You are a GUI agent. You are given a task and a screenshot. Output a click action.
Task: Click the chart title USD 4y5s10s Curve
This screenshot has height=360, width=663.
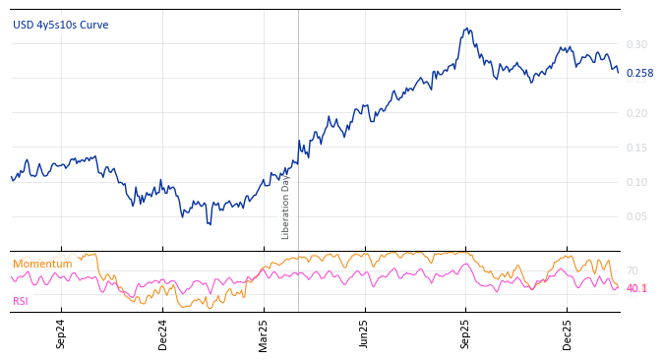(x=61, y=25)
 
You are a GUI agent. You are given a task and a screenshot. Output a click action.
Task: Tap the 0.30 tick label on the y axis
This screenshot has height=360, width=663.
(x=636, y=45)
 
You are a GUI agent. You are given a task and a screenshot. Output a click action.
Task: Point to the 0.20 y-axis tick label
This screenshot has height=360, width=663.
(x=636, y=114)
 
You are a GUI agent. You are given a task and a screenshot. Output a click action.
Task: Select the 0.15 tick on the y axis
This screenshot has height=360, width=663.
(x=636, y=149)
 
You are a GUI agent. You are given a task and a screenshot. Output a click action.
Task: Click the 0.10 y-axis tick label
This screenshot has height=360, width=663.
(x=636, y=183)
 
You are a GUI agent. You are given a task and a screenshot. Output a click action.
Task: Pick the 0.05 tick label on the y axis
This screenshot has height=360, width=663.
(x=636, y=217)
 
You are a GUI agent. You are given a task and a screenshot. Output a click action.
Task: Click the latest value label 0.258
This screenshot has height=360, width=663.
(x=639, y=74)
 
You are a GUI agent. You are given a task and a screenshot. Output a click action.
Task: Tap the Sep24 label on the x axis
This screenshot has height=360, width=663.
(x=61, y=334)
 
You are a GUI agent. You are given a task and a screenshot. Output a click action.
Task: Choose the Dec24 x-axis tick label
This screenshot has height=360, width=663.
(x=163, y=334)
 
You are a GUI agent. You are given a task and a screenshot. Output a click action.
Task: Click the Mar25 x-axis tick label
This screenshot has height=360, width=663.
(x=264, y=334)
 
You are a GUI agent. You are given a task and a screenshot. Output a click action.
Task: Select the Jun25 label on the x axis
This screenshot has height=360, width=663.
(x=364, y=334)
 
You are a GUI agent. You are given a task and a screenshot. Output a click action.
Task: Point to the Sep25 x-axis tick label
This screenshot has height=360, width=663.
(x=465, y=334)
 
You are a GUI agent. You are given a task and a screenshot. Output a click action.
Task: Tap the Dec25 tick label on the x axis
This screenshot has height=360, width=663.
(x=568, y=334)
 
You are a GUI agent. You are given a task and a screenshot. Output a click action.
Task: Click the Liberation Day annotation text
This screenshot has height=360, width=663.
(x=286, y=207)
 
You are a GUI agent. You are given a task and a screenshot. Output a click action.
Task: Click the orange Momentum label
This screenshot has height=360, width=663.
(x=42, y=265)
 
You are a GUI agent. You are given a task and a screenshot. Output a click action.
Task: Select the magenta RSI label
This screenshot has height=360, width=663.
(x=21, y=301)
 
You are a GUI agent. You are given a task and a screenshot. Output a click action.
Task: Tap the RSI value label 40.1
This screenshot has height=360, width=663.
(x=636, y=289)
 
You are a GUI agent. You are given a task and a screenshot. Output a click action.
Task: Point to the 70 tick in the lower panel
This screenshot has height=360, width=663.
(x=632, y=271)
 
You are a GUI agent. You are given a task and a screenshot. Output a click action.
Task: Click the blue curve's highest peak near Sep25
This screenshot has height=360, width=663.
(x=467, y=29)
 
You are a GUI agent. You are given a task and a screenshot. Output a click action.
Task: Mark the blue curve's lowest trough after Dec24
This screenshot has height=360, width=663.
(x=209, y=224)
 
